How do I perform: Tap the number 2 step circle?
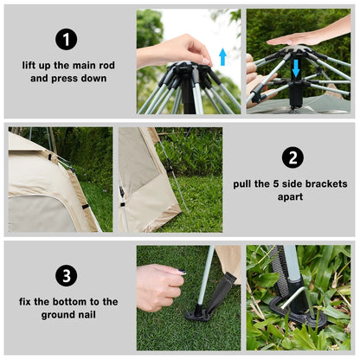pyautogui.click(x=292, y=157)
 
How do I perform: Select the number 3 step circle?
pyautogui.click(x=67, y=276)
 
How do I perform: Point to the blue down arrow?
pyautogui.click(x=296, y=67)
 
